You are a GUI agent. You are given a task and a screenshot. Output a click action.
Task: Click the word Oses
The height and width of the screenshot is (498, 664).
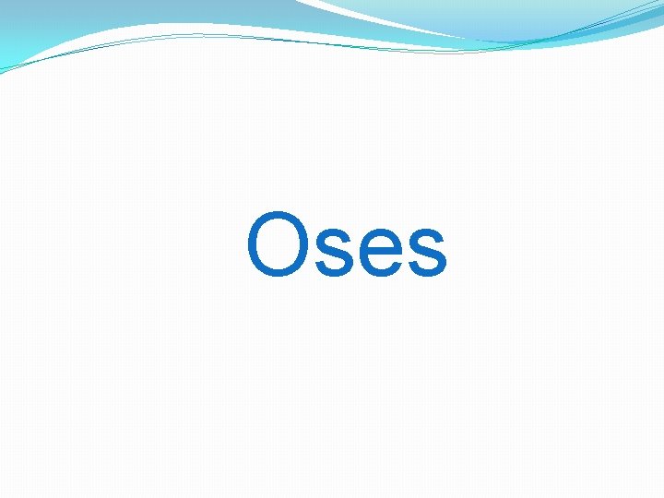347,246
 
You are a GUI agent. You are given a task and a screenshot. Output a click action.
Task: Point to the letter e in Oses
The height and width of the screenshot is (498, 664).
382,253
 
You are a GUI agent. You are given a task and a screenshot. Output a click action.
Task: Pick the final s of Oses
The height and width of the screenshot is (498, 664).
427,253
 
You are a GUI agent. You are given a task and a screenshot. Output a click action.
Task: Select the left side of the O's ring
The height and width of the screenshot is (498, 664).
252,245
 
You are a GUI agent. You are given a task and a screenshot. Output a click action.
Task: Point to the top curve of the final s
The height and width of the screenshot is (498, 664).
427,231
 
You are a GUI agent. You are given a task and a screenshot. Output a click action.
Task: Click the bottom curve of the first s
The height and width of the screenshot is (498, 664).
336,275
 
